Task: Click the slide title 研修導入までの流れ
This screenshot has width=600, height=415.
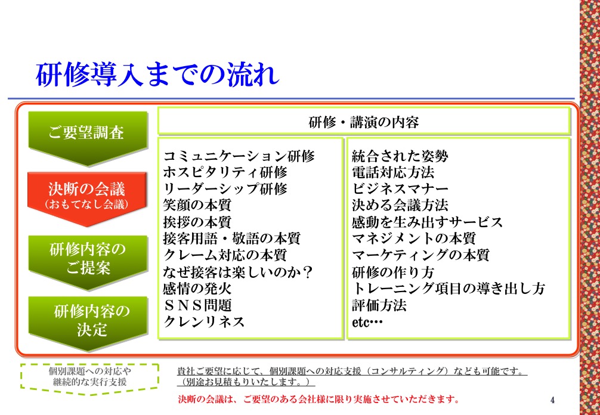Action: [157, 75]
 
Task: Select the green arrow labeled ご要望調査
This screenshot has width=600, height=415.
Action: [88, 138]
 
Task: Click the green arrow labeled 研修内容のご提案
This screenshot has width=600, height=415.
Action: [88, 262]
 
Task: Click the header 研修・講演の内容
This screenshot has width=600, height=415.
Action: [364, 122]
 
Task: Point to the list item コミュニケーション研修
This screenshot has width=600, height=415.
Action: [239, 156]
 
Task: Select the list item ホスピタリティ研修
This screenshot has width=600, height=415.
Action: [225, 172]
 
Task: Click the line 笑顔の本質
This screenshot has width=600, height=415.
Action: [197, 205]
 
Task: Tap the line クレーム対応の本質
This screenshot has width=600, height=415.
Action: [225, 255]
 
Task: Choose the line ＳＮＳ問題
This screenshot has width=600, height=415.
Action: [197, 305]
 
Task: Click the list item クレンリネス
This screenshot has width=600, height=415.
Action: [204, 321]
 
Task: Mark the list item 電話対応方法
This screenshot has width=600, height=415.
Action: [393, 172]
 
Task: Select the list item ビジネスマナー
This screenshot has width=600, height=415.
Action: [400, 189]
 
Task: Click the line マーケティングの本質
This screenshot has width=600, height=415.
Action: [420, 255]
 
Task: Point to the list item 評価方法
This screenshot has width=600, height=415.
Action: [379, 305]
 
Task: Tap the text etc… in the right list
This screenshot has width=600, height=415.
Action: [367, 322]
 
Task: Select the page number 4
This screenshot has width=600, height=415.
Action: [552, 400]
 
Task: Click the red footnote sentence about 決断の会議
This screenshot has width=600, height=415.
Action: [318, 399]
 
